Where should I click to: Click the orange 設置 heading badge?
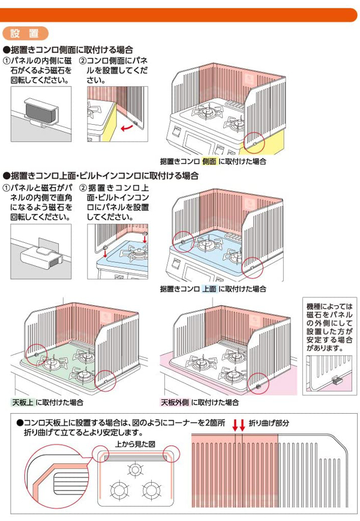[x=26, y=33]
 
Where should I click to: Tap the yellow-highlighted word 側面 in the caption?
[x=209, y=161]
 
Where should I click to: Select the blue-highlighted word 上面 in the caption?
[x=209, y=289]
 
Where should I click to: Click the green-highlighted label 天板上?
[x=23, y=402]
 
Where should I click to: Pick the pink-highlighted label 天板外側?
[x=175, y=402]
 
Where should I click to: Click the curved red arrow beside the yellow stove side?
[x=127, y=127]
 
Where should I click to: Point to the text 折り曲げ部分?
[x=269, y=423]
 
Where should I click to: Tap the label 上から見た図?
[x=135, y=444]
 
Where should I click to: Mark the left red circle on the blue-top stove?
[x=183, y=242]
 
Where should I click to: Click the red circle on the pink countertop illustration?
[x=259, y=384]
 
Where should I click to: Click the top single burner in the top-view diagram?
[x=135, y=470]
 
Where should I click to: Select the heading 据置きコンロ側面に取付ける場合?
[x=68, y=50]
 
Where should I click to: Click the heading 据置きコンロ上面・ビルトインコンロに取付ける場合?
[x=101, y=176]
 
